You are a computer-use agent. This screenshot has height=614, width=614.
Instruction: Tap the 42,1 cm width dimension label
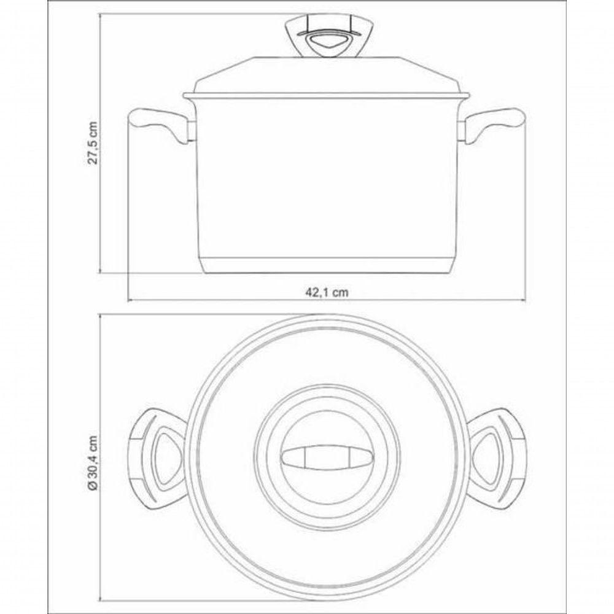click(327, 292)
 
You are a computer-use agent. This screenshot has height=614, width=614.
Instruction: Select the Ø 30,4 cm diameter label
click(93, 462)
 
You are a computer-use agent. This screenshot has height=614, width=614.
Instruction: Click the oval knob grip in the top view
click(327, 457)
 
